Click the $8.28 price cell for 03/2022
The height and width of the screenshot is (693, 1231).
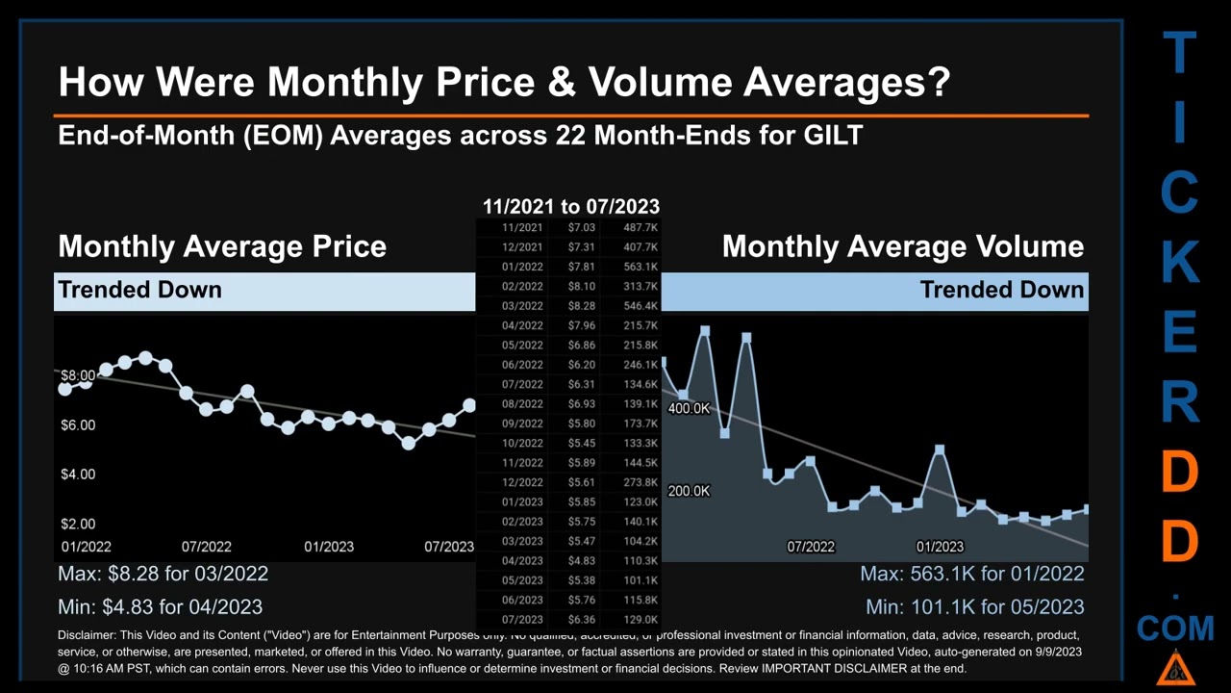(581, 306)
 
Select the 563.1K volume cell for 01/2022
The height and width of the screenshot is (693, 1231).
(641, 267)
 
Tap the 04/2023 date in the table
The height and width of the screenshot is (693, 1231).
(522, 561)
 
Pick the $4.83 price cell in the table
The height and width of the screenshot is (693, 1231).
(581, 561)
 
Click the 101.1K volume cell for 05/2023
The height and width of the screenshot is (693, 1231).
(641, 580)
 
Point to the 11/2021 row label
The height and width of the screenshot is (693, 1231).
(522, 228)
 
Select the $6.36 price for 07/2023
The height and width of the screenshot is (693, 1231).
(581, 620)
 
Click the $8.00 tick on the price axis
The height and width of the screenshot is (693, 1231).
(78, 375)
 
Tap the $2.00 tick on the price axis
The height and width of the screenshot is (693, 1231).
(78, 524)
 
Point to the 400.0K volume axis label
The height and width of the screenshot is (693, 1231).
(689, 409)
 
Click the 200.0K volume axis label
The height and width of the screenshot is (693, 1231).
(689, 491)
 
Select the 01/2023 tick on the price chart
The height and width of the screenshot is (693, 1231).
(329, 547)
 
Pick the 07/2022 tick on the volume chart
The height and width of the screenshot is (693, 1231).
(811, 547)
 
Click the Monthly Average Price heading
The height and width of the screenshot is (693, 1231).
(222, 246)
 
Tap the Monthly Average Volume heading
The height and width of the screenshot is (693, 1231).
(902, 246)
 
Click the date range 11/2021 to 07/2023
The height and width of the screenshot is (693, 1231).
(570, 206)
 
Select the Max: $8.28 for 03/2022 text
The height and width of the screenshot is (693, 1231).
(163, 574)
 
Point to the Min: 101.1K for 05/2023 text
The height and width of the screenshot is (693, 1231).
(974, 607)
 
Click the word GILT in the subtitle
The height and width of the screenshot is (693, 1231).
(833, 135)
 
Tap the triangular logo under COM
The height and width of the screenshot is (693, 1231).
(1175, 667)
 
